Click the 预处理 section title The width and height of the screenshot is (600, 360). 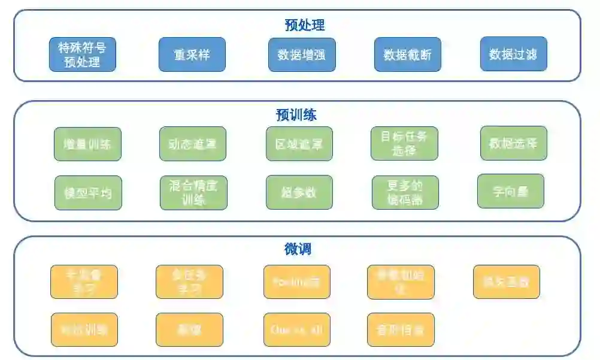[305, 25]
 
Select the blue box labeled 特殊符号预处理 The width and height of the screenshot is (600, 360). [83, 55]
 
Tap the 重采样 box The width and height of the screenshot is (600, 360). [192, 55]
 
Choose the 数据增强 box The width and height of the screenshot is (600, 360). [302, 55]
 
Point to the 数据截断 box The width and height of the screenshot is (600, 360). [407, 55]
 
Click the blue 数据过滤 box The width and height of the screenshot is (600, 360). [513, 55]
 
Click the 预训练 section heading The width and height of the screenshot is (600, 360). [296, 114]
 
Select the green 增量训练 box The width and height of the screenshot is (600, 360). [87, 144]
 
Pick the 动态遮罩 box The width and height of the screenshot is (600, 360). [192, 144]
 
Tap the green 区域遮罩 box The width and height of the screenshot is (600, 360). [299, 144]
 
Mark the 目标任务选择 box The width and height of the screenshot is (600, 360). [404, 144]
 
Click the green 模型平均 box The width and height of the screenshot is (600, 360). [88, 193]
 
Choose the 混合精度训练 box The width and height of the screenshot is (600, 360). [193, 193]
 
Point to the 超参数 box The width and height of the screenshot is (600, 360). [299, 192]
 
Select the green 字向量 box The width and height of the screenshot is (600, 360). [511, 191]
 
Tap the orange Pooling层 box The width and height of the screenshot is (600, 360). [296, 282]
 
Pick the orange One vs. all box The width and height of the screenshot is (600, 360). [296, 329]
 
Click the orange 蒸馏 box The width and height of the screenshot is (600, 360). [189, 329]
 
